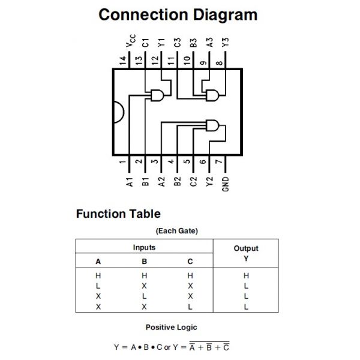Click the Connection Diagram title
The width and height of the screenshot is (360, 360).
tap(178, 14)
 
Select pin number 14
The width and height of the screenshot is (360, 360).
tap(122, 61)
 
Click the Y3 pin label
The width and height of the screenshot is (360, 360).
tap(225, 43)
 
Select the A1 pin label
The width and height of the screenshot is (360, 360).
tap(129, 182)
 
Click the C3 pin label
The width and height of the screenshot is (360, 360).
tap(177, 43)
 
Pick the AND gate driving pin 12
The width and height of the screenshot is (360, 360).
tap(159, 95)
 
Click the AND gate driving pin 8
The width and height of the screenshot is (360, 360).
tap(212, 94)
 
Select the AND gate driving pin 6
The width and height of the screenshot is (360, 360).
tap(212, 125)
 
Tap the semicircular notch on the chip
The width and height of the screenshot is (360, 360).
tap(118, 112)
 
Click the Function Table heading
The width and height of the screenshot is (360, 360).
tap(118, 214)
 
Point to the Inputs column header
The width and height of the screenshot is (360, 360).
tap(144, 247)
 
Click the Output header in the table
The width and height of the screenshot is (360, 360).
tap(246, 248)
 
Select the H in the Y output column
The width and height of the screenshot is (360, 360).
tap(246, 275)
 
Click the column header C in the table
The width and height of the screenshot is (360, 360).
tap(190, 262)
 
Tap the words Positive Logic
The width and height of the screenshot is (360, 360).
tap(171, 327)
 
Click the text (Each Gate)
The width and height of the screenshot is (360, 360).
tap(177, 230)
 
